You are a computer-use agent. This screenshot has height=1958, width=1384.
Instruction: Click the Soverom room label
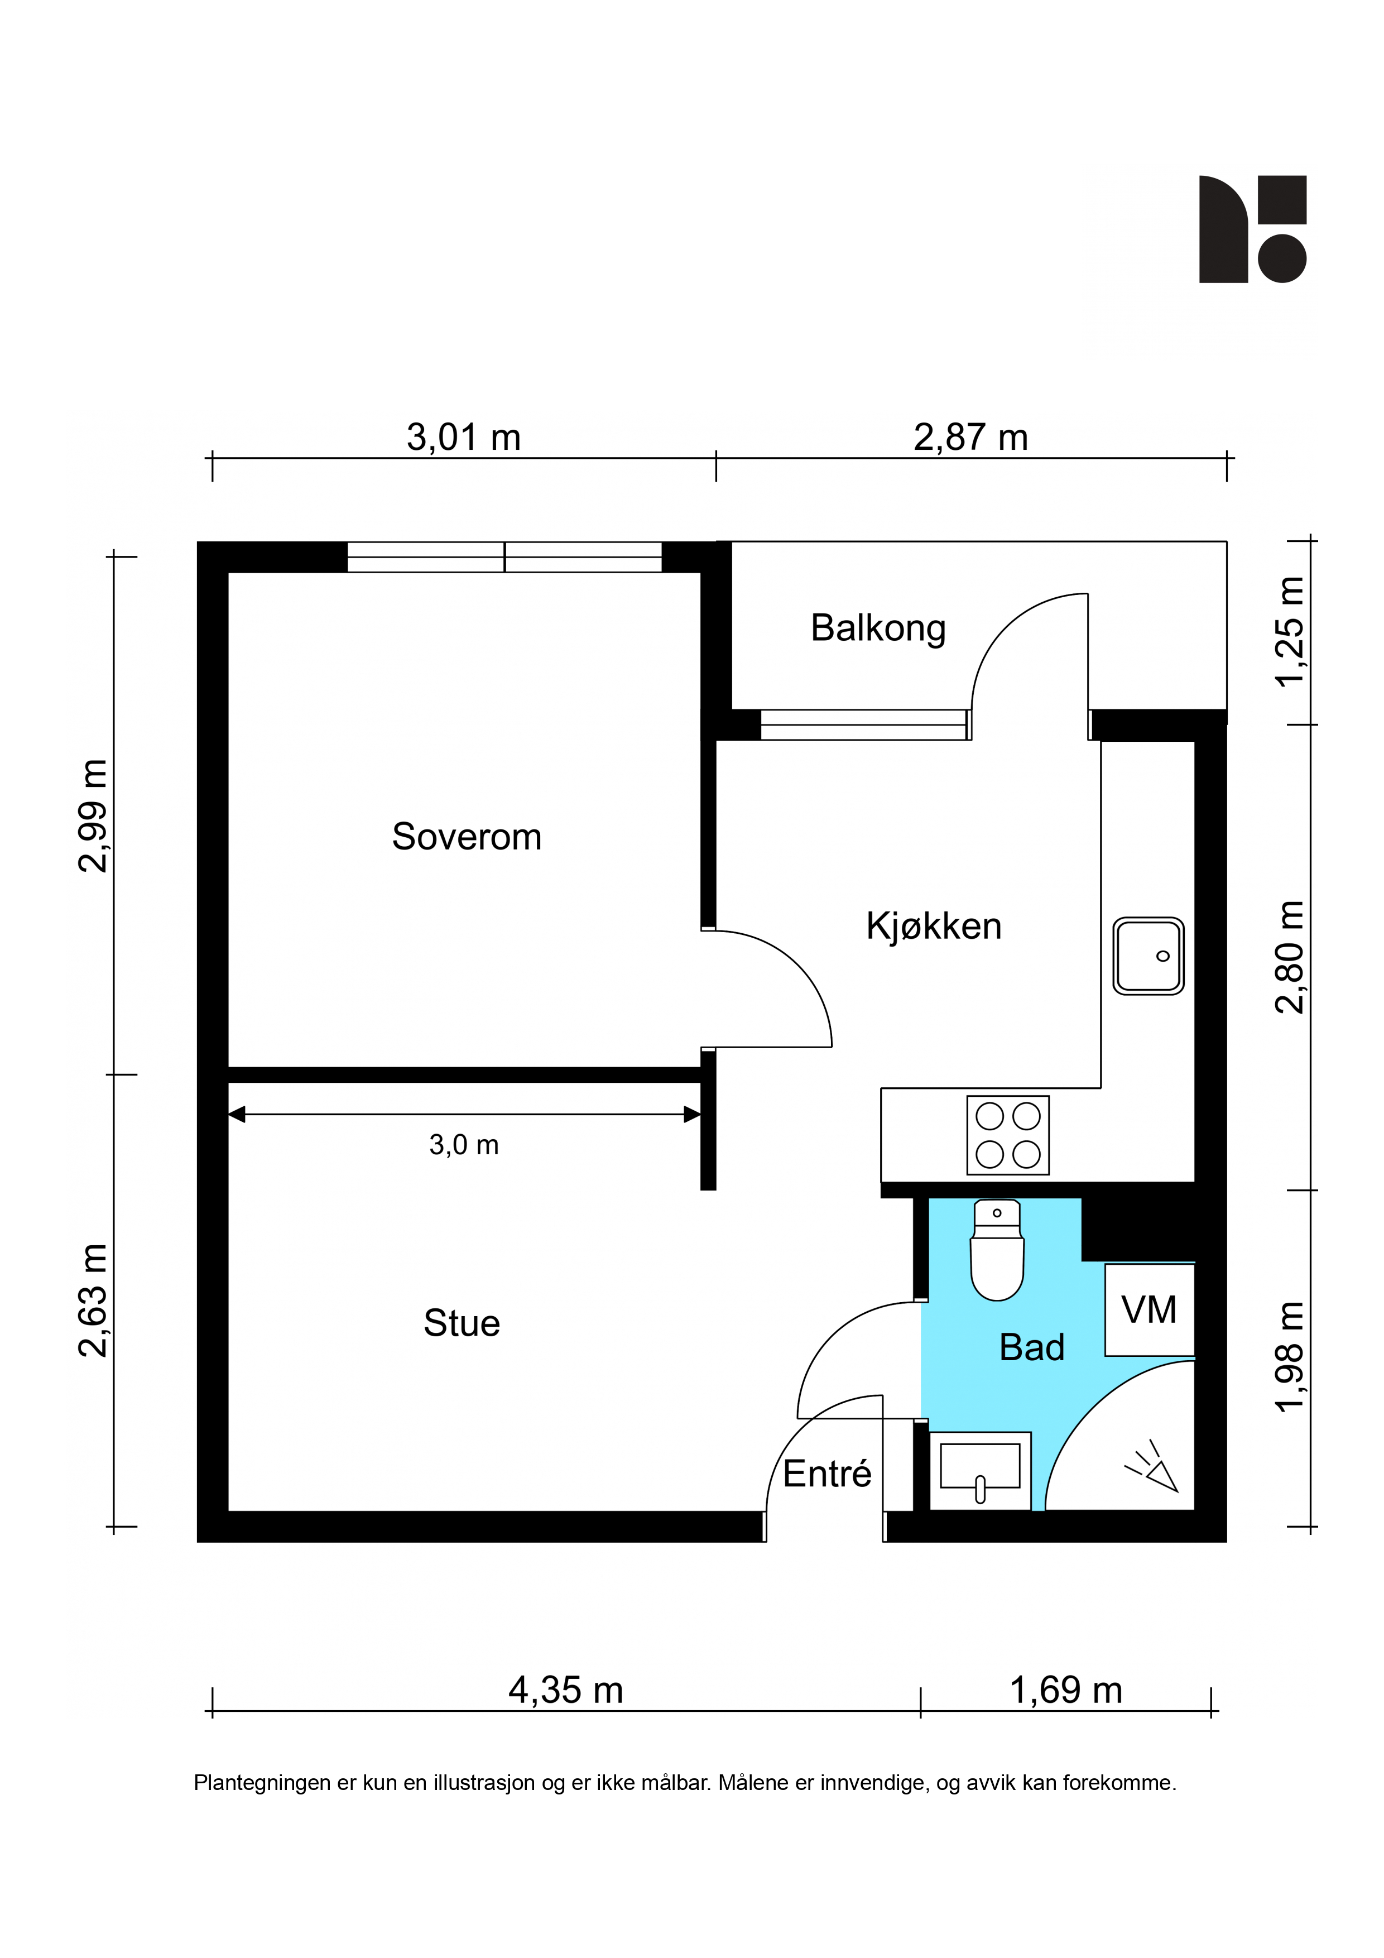(467, 837)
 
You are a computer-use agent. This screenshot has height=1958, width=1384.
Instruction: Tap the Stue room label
(462, 1323)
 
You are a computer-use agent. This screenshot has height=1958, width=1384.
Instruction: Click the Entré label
(827, 1473)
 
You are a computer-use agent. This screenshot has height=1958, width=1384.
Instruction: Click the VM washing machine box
(1148, 1310)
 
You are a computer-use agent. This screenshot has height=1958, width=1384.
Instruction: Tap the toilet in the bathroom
(997, 1250)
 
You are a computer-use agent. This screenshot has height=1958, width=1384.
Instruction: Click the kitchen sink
(1148, 956)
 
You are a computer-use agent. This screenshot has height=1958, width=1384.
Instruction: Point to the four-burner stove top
(1008, 1135)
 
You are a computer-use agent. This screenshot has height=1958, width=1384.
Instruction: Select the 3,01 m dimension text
(463, 438)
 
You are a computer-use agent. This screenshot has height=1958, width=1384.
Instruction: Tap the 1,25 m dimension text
(1289, 631)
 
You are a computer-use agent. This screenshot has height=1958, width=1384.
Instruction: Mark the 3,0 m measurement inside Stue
(464, 1144)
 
